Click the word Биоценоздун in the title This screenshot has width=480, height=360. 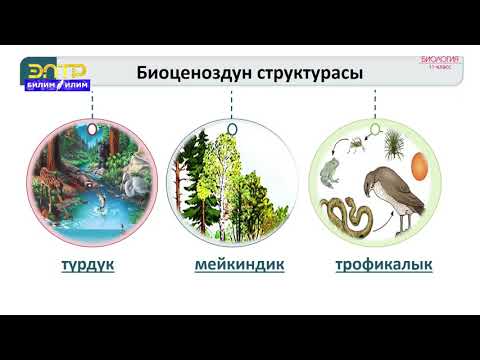[192, 74]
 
